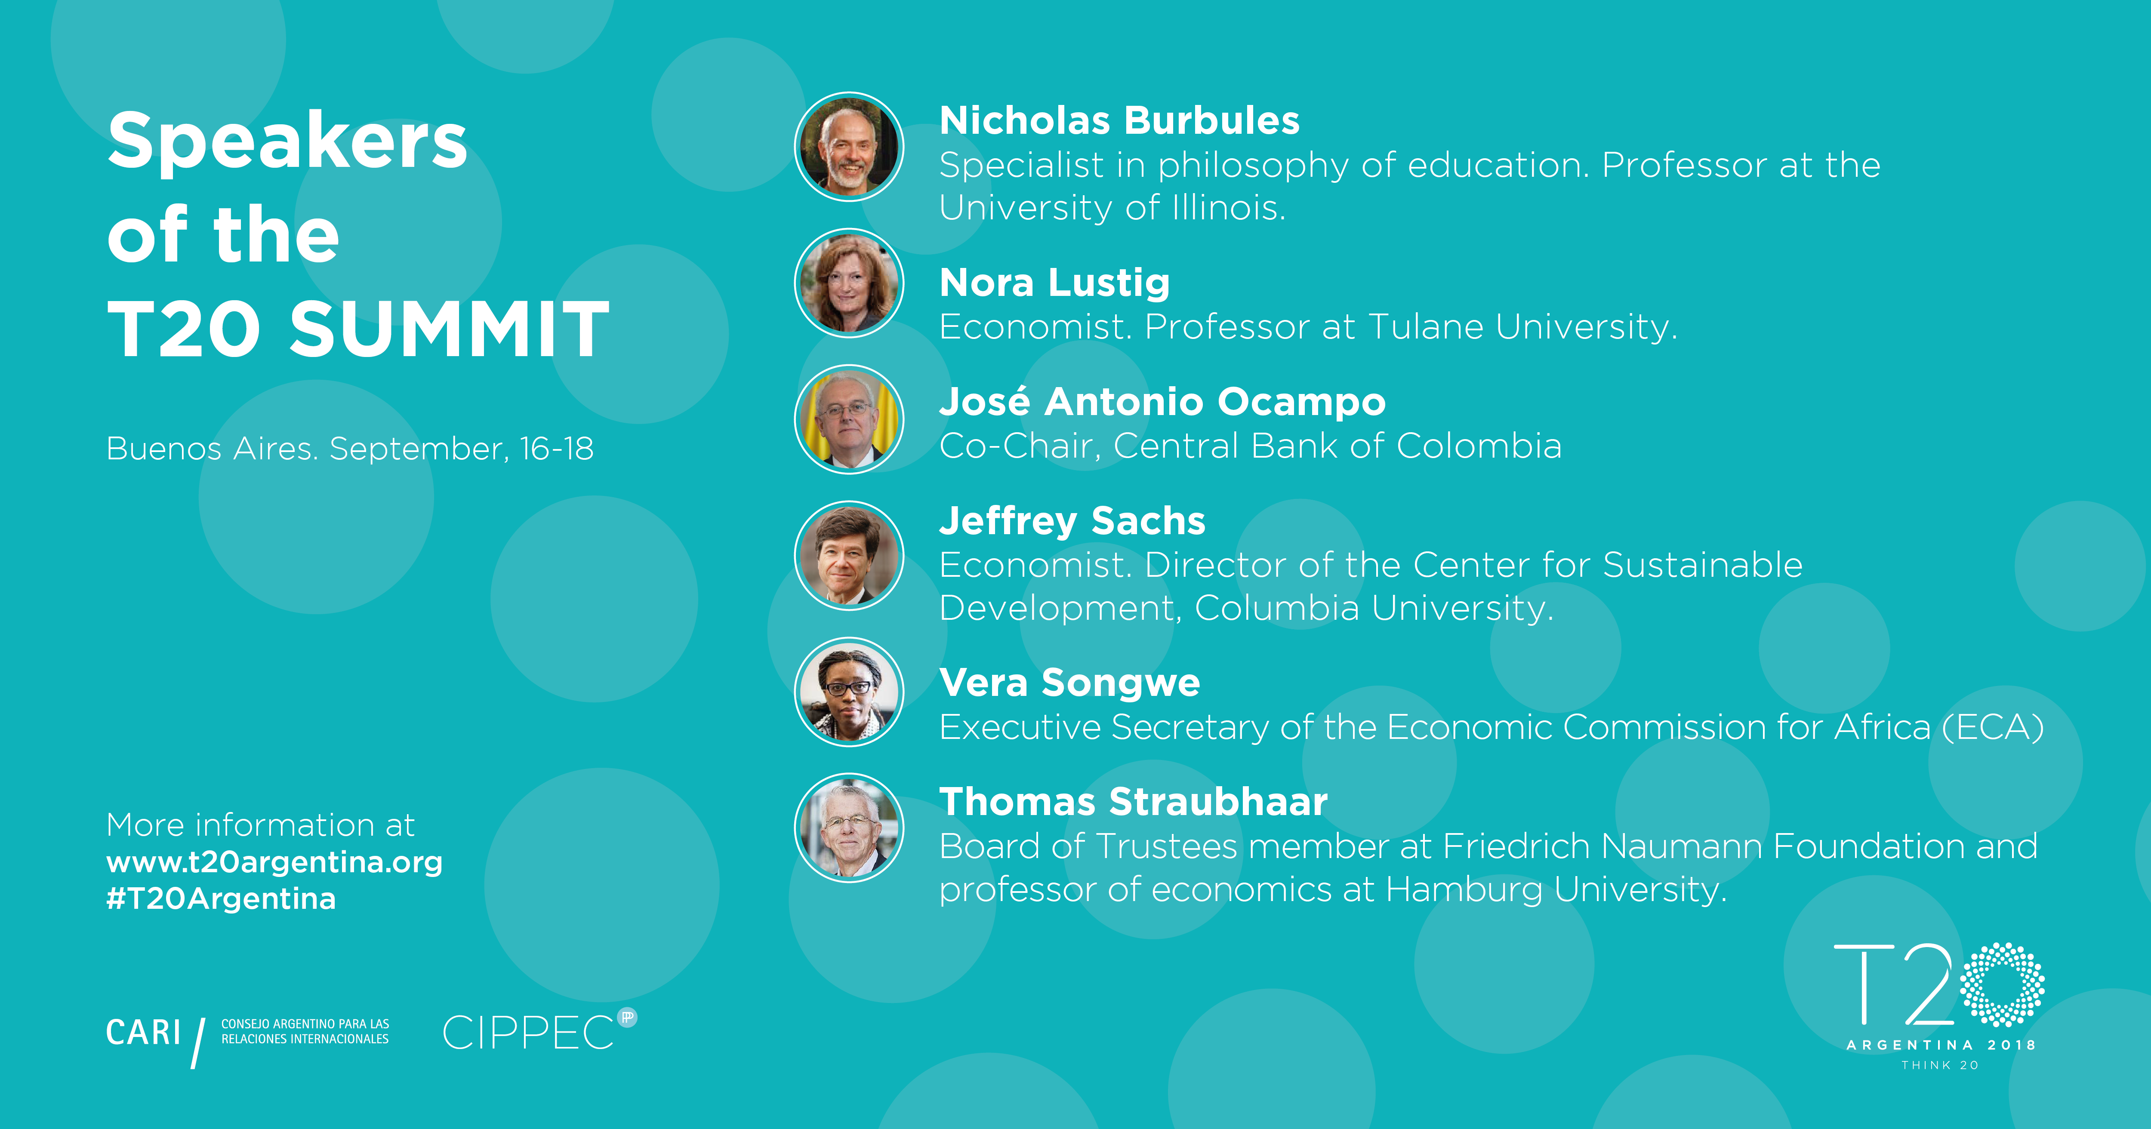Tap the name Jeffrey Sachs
coord(1072,522)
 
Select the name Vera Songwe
coord(1069,683)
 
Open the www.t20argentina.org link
coord(274,862)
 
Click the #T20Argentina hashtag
coord(221,898)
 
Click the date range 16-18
coord(556,449)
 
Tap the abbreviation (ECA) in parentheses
coord(1993,727)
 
